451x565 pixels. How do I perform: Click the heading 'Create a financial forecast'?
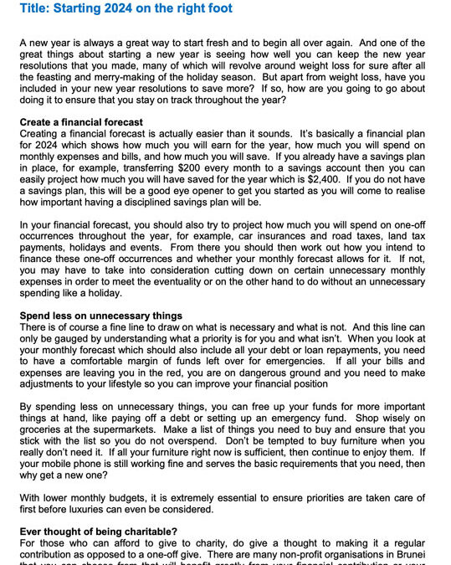click(81, 122)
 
